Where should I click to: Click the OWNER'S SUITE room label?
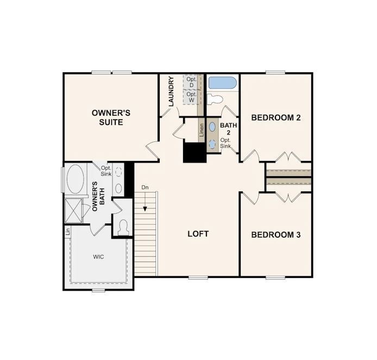click(x=111, y=117)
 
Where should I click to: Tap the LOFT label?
click(x=198, y=234)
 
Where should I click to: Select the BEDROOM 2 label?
click(x=276, y=117)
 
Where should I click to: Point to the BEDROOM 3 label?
click(x=276, y=235)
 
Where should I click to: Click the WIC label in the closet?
click(x=98, y=256)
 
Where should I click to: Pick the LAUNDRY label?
click(x=171, y=91)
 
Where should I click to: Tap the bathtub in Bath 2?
click(x=222, y=83)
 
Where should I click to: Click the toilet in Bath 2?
click(x=216, y=99)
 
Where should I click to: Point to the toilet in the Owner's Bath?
click(x=122, y=227)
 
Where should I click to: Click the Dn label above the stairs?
click(x=145, y=188)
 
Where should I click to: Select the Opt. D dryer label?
click(x=191, y=83)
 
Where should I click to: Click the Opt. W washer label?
click(x=191, y=97)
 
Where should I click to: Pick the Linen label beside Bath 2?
click(x=201, y=131)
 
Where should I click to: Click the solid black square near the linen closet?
click(x=194, y=151)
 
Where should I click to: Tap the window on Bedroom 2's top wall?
click(x=276, y=72)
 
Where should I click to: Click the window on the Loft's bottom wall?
click(x=198, y=277)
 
